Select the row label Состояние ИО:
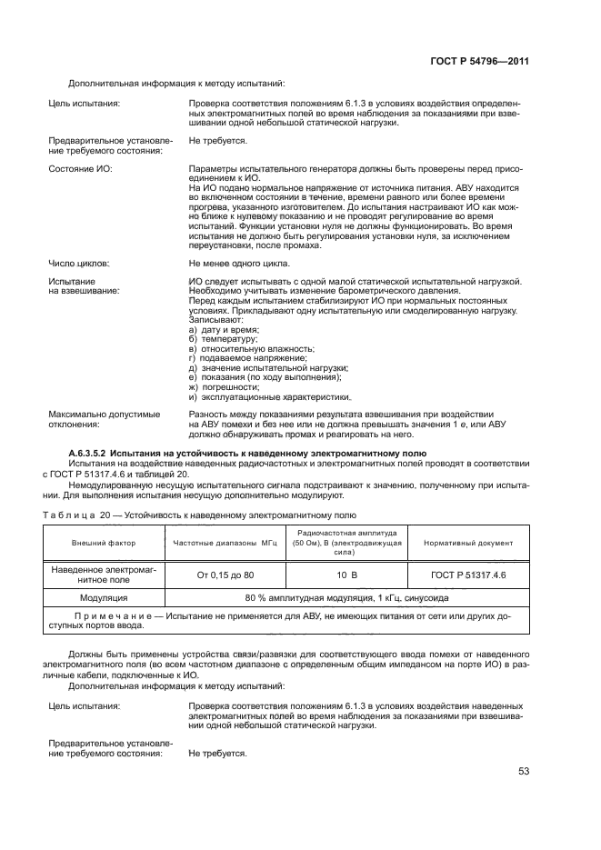(82, 169)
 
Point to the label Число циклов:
(78, 263)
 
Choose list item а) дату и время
(224, 329)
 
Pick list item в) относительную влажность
(252, 348)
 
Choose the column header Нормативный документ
(467, 543)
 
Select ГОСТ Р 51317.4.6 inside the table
(467, 575)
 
